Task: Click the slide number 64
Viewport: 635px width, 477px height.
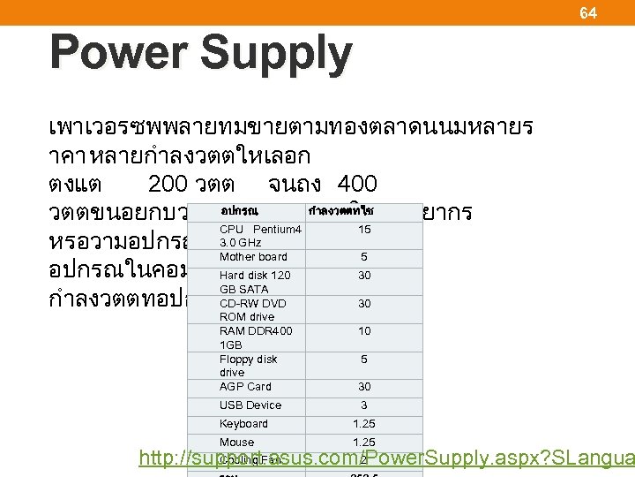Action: tap(587, 13)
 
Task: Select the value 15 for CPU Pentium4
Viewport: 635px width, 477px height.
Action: tap(364, 230)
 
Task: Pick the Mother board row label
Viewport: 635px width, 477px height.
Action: tap(253, 257)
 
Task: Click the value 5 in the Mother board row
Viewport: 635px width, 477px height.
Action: tap(364, 257)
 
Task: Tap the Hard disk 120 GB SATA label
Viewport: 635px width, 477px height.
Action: tap(255, 282)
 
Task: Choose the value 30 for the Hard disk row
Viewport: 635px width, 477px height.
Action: tap(364, 276)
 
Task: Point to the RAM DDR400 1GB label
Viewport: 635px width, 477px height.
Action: tap(256, 337)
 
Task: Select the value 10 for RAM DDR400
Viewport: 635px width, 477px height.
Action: tap(364, 331)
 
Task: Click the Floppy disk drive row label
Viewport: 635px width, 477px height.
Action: tap(248, 366)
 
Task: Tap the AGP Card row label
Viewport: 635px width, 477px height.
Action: tap(245, 387)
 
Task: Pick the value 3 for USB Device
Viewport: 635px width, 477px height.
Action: tap(364, 405)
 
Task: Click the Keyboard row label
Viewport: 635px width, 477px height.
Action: tap(243, 424)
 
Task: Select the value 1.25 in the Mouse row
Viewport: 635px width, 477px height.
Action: tap(364, 443)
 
